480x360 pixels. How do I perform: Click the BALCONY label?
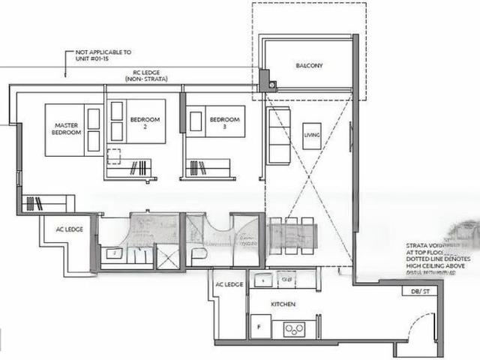[x=308, y=66]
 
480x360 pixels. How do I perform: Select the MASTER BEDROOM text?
[x=66, y=129]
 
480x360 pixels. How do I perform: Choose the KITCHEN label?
[x=283, y=304]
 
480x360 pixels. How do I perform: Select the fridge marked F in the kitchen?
[x=259, y=327]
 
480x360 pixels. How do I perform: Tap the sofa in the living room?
[x=279, y=136]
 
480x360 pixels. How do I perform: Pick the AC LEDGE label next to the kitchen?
[x=228, y=285]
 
